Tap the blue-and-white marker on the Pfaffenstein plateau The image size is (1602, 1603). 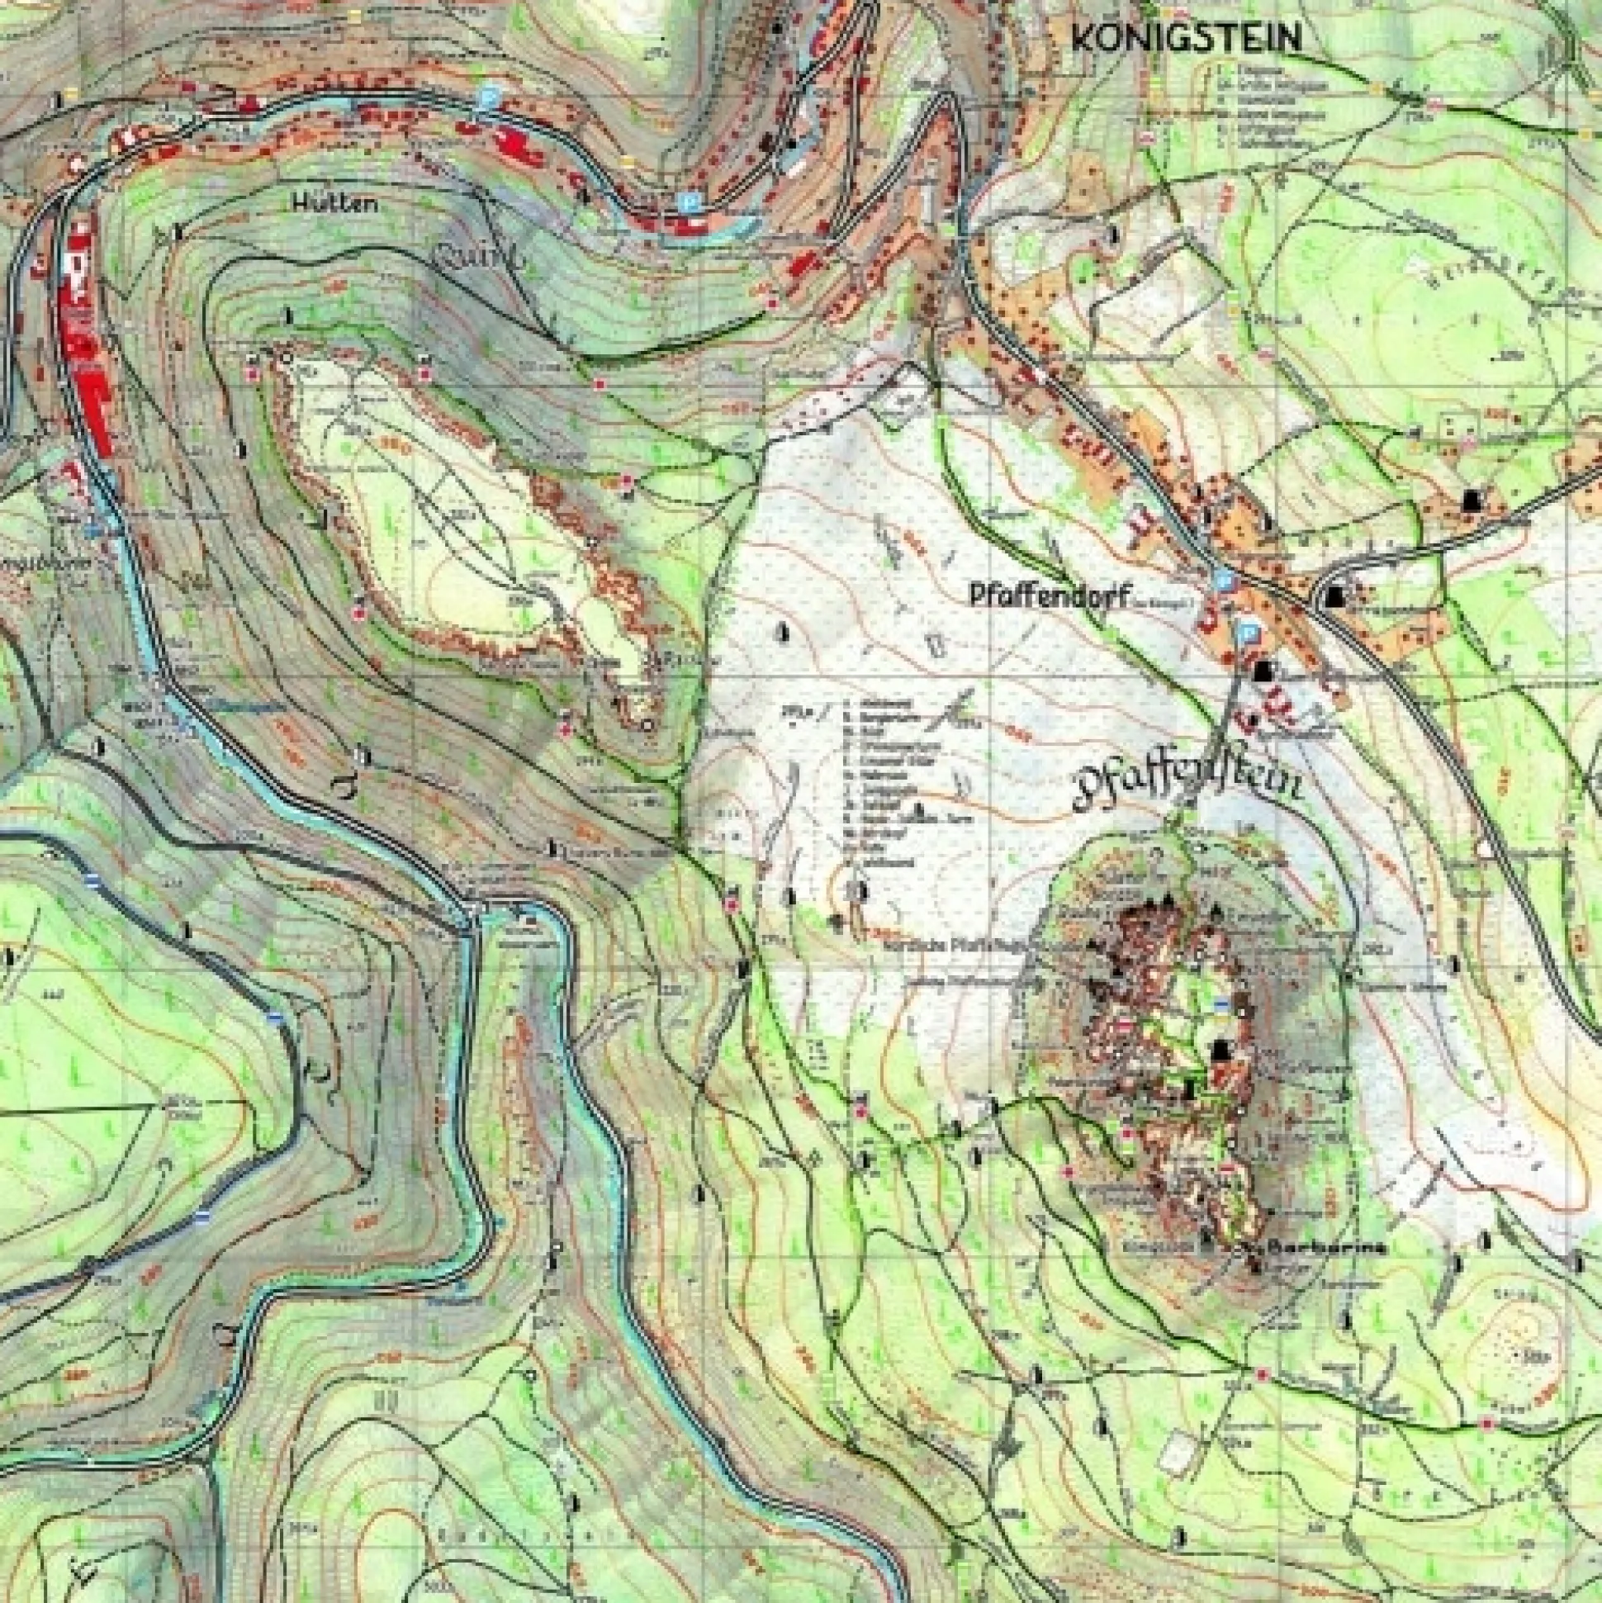coord(1221,1005)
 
